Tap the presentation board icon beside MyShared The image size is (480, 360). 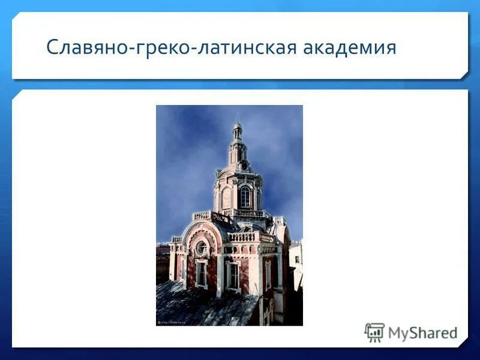[x=374, y=332]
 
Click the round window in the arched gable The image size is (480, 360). [x=202, y=247]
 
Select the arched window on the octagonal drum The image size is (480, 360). [x=245, y=197]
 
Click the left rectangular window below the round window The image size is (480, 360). [x=202, y=274]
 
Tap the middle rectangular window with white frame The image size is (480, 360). [x=233, y=275]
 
